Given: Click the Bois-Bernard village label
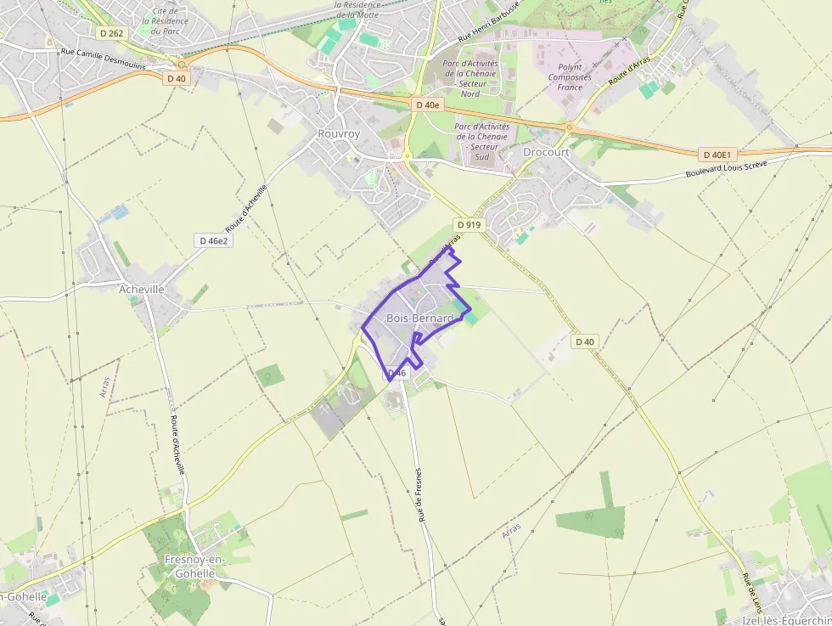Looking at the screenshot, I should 419,318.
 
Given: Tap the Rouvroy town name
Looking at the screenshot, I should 339,134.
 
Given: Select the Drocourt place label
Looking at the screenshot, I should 546,152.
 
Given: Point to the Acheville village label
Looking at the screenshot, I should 142,289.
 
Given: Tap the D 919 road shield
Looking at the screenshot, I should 469,224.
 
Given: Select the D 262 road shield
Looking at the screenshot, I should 110,33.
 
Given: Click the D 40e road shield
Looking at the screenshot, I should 428,104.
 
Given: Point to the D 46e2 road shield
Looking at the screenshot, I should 214,240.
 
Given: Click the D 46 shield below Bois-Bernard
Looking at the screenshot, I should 397,373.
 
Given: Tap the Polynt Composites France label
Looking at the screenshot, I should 570,77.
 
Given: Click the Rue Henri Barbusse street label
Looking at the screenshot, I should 488,31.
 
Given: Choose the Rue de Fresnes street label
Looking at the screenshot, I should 419,494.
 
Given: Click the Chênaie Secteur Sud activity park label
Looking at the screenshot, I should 481,141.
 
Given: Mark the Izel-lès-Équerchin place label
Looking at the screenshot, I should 786,620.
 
